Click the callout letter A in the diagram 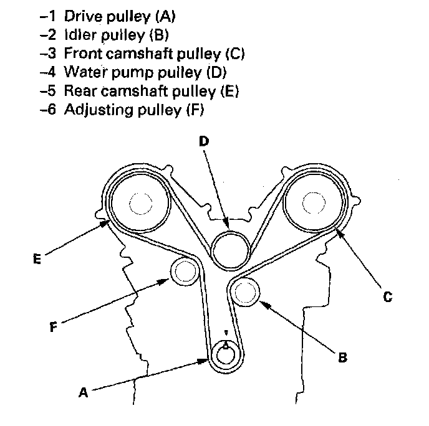click(x=84, y=392)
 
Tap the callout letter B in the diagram click(x=342, y=357)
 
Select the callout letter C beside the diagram click(x=388, y=296)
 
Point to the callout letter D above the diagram click(x=204, y=141)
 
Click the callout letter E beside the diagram click(x=37, y=259)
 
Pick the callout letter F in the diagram click(x=54, y=326)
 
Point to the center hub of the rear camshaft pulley click(x=141, y=204)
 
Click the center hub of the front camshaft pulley click(x=314, y=203)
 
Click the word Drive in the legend click(x=83, y=16)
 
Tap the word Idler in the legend click(x=80, y=35)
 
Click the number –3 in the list click(x=48, y=54)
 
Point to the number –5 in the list click(x=48, y=91)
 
